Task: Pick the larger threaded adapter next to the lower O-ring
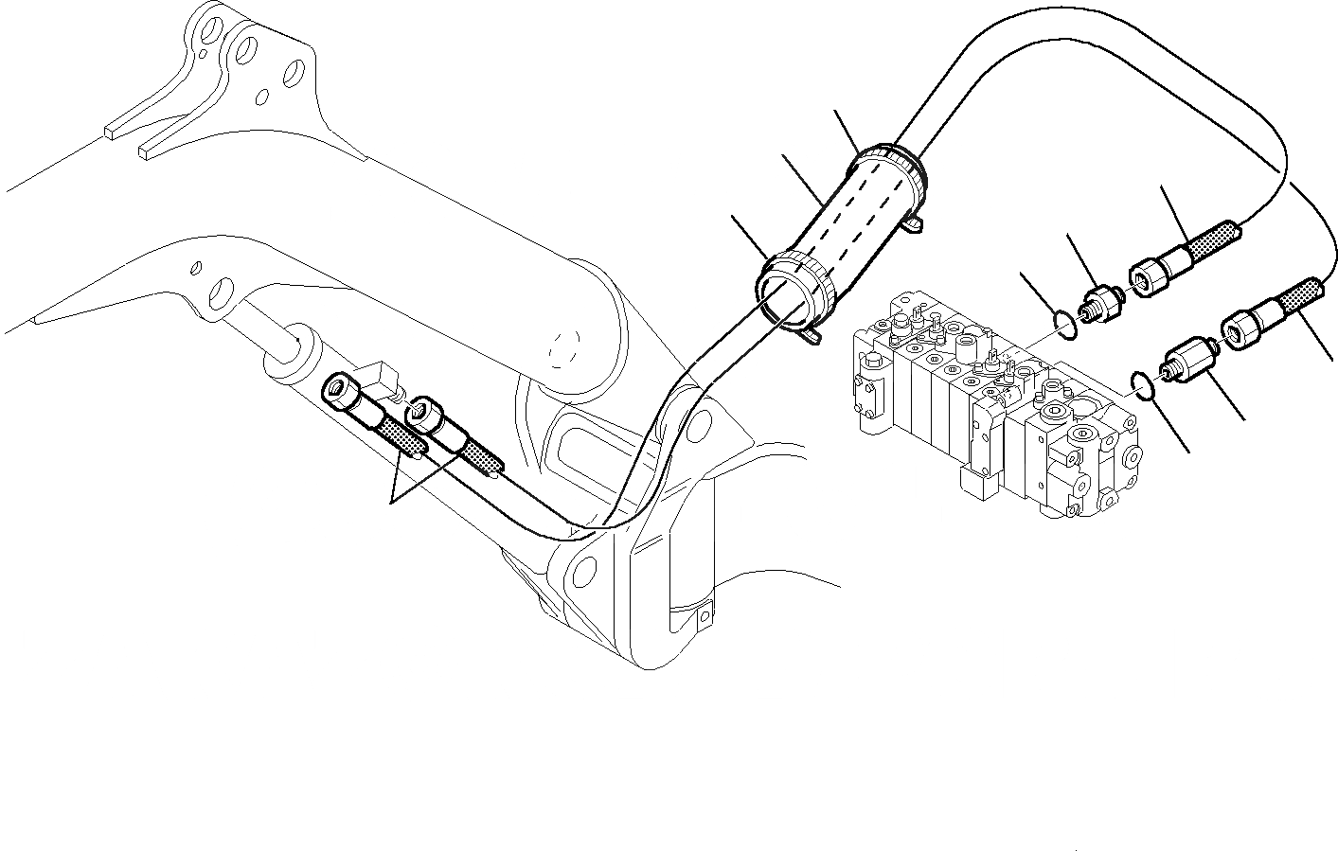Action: click(x=1186, y=363)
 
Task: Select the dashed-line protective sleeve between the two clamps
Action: click(x=843, y=227)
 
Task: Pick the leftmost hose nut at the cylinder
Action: click(x=339, y=389)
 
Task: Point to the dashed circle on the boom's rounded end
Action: click(x=565, y=348)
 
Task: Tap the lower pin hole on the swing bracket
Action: click(x=585, y=570)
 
